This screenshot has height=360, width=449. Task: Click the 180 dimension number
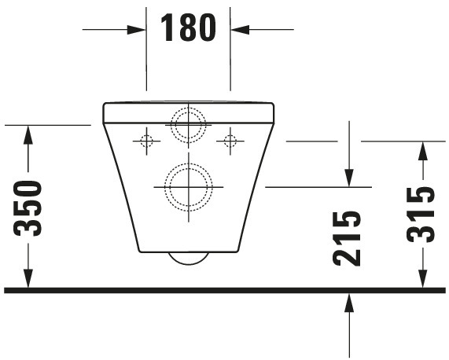click(x=188, y=28)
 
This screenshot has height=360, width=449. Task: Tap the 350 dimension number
click(x=29, y=208)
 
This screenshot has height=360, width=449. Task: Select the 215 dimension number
click(x=348, y=237)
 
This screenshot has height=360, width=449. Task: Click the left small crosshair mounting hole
click(x=145, y=141)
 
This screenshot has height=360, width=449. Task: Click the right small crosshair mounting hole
click(x=230, y=141)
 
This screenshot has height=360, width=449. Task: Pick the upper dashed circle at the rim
click(x=188, y=124)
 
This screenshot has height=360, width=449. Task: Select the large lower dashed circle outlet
click(x=188, y=187)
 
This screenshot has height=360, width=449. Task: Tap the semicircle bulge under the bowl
click(x=188, y=259)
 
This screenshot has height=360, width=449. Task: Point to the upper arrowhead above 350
click(x=28, y=133)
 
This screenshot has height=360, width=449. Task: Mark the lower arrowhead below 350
click(x=28, y=281)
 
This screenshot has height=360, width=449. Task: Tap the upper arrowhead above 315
click(x=422, y=149)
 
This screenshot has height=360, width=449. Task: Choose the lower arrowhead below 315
click(x=422, y=281)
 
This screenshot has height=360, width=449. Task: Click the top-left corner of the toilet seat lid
click(x=105, y=103)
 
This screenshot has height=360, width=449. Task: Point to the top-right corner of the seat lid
click(x=272, y=103)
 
